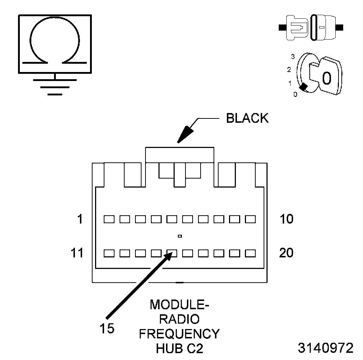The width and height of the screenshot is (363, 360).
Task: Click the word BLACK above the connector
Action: point(247,118)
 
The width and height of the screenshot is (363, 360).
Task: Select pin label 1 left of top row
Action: point(80,219)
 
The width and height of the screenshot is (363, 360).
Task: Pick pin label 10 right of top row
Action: point(286,219)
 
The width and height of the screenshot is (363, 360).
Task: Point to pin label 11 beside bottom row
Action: point(77,253)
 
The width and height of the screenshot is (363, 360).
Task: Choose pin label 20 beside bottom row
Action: point(286,253)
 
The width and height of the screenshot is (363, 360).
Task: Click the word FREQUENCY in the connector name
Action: point(179,334)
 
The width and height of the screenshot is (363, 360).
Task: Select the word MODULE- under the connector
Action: point(179,305)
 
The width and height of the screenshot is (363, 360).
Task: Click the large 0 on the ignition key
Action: point(326,78)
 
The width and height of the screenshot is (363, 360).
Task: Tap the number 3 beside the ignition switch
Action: point(293,57)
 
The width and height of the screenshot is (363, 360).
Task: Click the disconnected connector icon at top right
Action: point(311,27)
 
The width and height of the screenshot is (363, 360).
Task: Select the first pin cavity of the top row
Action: point(109,219)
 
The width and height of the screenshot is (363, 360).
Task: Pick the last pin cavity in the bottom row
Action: point(250,253)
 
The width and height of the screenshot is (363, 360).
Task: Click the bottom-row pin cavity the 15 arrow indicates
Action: point(172,253)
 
